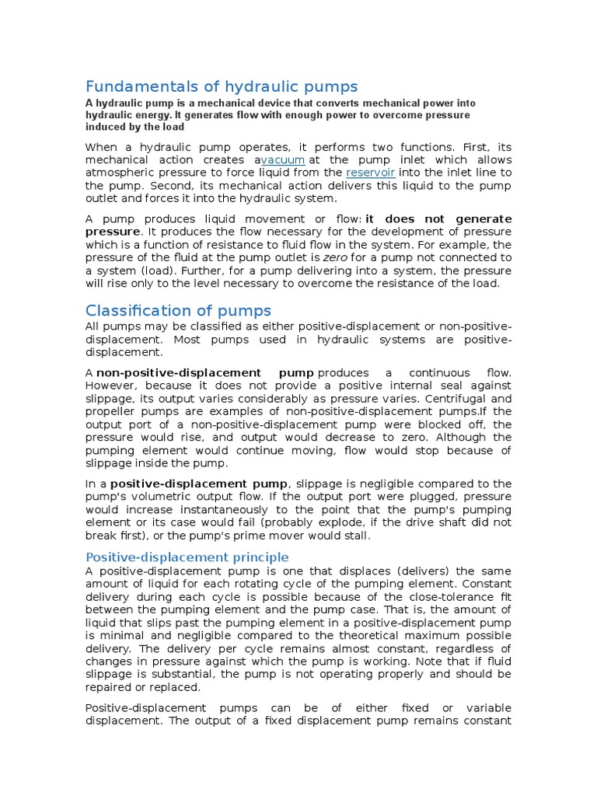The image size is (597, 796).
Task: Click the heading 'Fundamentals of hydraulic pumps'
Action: tap(221, 86)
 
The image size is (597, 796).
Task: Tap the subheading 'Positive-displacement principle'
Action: tap(187, 557)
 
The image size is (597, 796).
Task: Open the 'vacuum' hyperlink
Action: tap(282, 159)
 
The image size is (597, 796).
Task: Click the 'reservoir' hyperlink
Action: tap(371, 173)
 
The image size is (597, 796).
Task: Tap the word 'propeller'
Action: tap(112, 411)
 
